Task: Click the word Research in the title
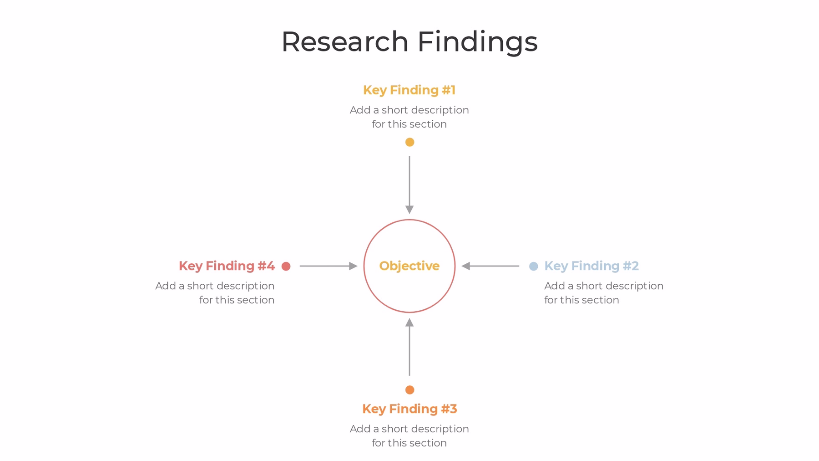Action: pyautogui.click(x=345, y=42)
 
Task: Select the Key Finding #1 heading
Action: pyautogui.click(x=409, y=90)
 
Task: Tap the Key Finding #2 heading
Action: pyautogui.click(x=591, y=266)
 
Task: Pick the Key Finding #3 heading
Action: pyautogui.click(x=409, y=409)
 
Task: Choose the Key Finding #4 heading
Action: pyautogui.click(x=227, y=266)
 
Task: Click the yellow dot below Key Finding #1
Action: pyautogui.click(x=409, y=142)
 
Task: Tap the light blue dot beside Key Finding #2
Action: pyautogui.click(x=533, y=266)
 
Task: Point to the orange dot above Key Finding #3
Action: pyautogui.click(x=409, y=390)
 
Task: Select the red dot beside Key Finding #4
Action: pyautogui.click(x=286, y=266)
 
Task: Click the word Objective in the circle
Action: pyautogui.click(x=409, y=266)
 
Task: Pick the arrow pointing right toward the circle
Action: pyautogui.click(x=328, y=266)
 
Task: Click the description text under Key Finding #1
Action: pyautogui.click(x=409, y=117)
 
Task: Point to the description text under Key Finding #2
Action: pyautogui.click(x=603, y=293)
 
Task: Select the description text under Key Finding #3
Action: pyautogui.click(x=409, y=436)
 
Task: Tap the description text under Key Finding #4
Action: pyautogui.click(x=215, y=293)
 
